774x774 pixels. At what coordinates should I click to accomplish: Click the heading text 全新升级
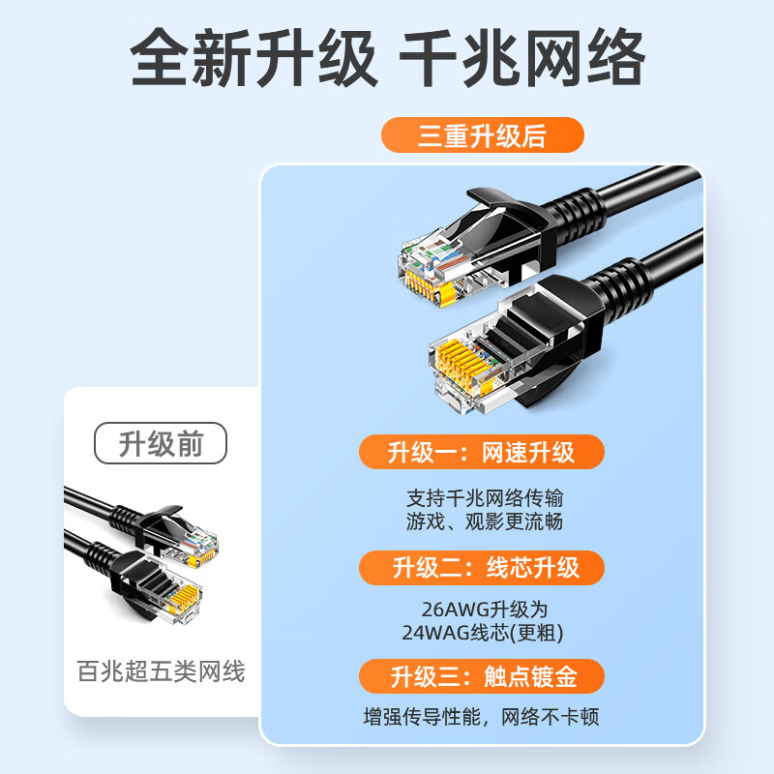pos(253,57)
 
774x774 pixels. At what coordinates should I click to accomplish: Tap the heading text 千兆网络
pos(522,57)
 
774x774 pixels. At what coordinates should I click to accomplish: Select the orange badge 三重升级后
pos(482,134)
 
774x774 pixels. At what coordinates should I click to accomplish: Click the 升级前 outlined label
pos(161,443)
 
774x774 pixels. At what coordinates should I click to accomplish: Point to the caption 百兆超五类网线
pos(161,671)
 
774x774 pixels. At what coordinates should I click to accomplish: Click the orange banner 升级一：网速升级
pos(481,452)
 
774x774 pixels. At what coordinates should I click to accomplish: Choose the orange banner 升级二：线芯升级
pos(481,568)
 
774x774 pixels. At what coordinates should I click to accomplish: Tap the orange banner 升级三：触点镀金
pos(481,676)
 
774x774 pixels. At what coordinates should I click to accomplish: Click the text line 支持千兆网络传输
pos(485,498)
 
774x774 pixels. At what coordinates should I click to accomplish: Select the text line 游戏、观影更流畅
pos(485,521)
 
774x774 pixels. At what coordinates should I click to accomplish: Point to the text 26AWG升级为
pos(485,610)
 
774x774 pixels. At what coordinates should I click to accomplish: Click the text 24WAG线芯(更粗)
pos(483,633)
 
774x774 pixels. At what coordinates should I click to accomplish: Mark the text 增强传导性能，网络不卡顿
pos(481,717)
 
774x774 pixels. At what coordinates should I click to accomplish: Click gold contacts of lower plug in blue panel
pos(464,366)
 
